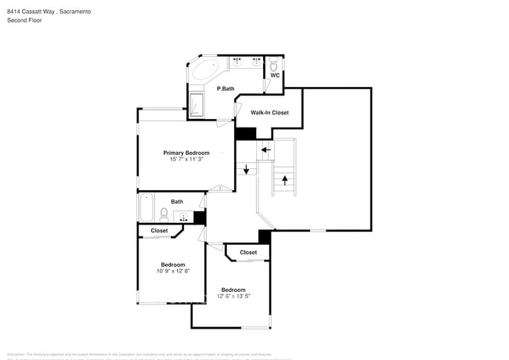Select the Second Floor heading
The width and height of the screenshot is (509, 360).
click(24, 20)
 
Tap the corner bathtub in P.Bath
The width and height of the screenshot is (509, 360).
click(207, 72)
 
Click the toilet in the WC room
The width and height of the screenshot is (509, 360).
click(273, 67)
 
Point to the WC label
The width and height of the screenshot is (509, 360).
click(275, 77)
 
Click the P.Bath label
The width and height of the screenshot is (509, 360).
click(226, 88)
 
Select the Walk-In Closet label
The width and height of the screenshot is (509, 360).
click(269, 113)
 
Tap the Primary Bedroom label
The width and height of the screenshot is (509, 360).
click(186, 153)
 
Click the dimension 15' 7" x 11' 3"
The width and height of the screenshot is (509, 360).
click(186, 160)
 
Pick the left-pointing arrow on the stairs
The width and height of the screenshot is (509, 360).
click(265, 149)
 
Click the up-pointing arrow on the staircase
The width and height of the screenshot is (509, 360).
click(284, 179)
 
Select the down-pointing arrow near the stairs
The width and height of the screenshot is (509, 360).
click(246, 169)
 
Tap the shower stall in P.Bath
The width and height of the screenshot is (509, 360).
click(196, 105)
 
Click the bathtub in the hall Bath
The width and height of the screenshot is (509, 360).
click(147, 208)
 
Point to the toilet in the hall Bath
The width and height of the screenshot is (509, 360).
click(164, 213)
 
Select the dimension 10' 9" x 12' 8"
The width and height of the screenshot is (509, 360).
click(173, 271)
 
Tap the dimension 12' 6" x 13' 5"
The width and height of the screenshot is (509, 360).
click(233, 296)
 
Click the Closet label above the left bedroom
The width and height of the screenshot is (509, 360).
click(159, 231)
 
